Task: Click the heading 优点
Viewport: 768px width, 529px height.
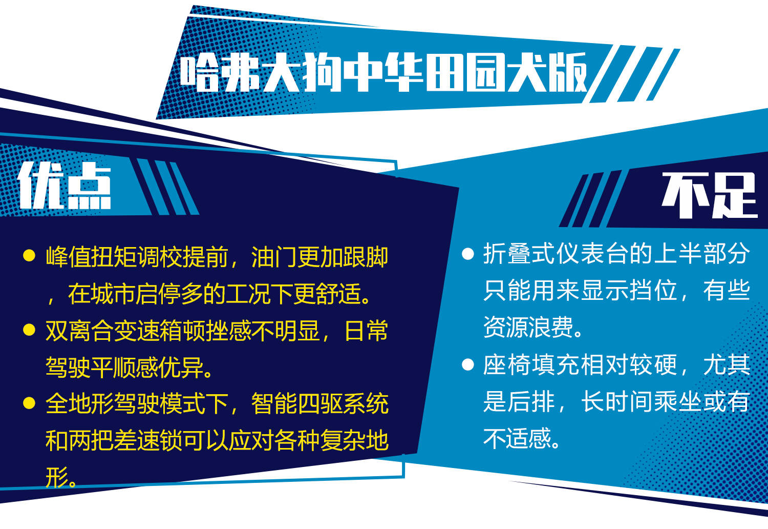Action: click(x=65, y=186)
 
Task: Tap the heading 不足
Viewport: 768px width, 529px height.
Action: click(x=709, y=195)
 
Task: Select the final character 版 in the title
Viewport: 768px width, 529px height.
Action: click(x=567, y=72)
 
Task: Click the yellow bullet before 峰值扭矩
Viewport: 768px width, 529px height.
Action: click(x=29, y=255)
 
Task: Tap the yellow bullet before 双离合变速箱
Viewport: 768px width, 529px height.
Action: click(x=29, y=330)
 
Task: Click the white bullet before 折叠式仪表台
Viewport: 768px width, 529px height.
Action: click(x=467, y=254)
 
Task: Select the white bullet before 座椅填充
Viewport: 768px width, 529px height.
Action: click(x=467, y=364)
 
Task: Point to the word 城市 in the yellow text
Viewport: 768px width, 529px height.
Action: click(x=114, y=294)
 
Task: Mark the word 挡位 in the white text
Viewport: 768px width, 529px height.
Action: click(x=654, y=290)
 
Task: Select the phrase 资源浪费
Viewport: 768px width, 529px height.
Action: click(x=528, y=327)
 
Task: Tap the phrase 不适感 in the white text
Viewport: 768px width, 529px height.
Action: click(x=517, y=438)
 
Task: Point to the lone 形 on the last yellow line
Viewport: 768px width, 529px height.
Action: click(x=57, y=477)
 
